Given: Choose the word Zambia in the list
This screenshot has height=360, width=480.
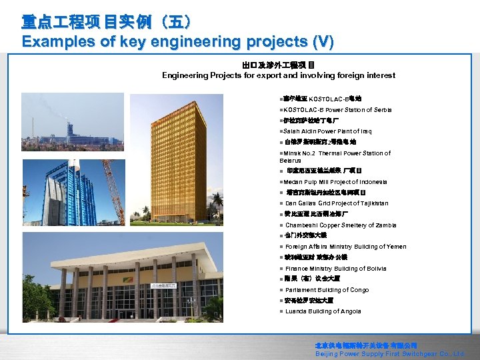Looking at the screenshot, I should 371,225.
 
